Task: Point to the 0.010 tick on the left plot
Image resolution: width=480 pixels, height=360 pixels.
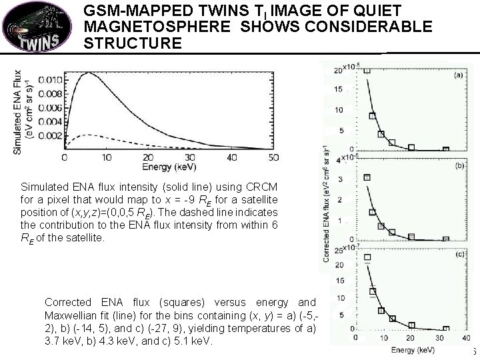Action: click(50, 80)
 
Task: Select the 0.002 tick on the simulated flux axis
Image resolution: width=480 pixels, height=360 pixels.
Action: click(50, 135)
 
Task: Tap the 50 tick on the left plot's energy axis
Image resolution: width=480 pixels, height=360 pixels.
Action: click(273, 157)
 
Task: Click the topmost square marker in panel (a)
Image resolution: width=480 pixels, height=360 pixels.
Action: click(366, 69)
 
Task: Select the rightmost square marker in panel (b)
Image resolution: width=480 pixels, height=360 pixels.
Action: click(445, 240)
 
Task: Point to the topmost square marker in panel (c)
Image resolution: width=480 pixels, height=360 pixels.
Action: click(367, 257)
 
